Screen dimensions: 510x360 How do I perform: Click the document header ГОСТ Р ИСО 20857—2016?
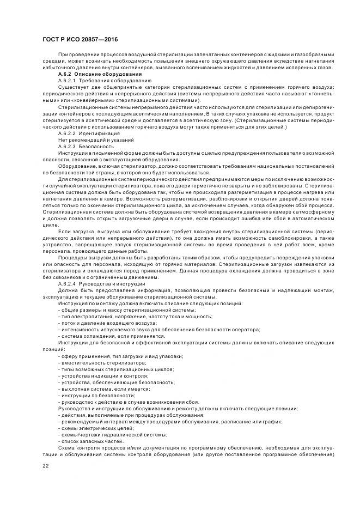[80, 40]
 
